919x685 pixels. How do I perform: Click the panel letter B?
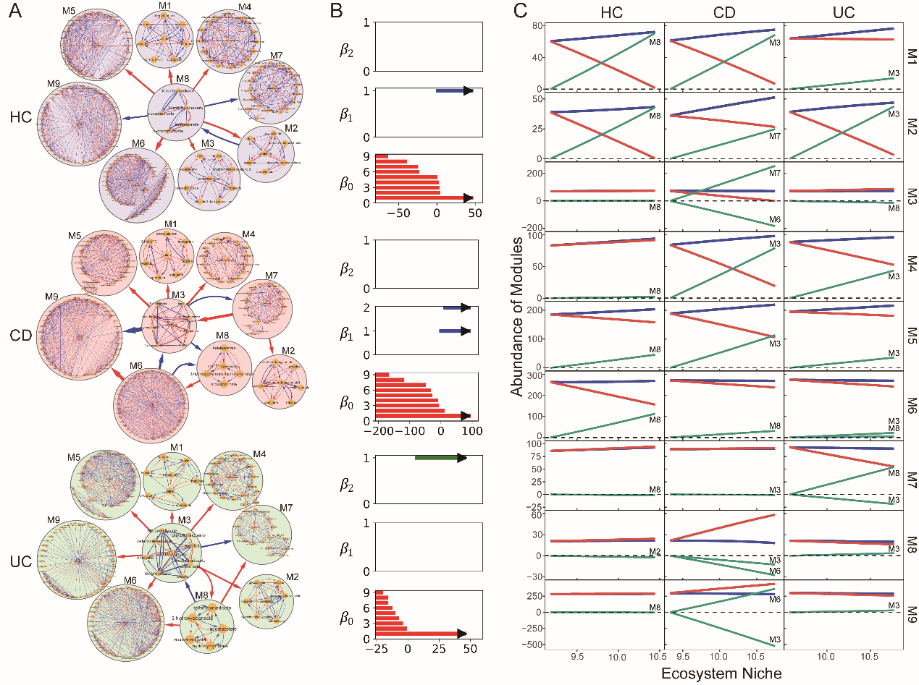[x=336, y=11]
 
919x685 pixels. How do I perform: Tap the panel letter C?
[x=521, y=11]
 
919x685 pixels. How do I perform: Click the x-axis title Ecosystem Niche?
[x=722, y=673]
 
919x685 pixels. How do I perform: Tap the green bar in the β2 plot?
[x=439, y=458]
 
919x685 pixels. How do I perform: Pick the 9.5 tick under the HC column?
[x=577, y=657]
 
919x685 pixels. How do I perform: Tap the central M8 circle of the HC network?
[x=176, y=111]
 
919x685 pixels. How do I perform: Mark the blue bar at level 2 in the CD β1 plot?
[x=456, y=308]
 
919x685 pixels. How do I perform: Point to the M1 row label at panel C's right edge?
[x=911, y=56]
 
